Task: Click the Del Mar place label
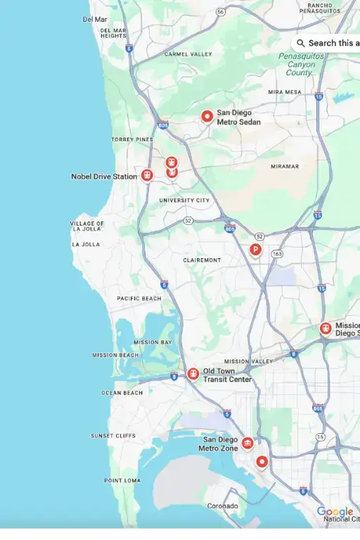pyautogui.click(x=95, y=20)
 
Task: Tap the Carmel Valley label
pyautogui.click(x=188, y=54)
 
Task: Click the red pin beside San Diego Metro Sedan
pyautogui.click(x=207, y=116)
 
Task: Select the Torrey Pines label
pyautogui.click(x=131, y=140)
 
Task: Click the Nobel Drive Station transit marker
pyautogui.click(x=146, y=175)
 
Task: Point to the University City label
pyautogui.click(x=184, y=200)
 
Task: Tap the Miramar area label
pyautogui.click(x=285, y=167)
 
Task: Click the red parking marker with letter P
pyautogui.click(x=256, y=249)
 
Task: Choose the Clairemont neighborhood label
pyautogui.click(x=202, y=260)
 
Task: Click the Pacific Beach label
pyautogui.click(x=139, y=299)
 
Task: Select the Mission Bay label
pyautogui.click(x=153, y=342)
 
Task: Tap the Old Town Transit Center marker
pyautogui.click(x=192, y=374)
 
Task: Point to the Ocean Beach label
pyautogui.click(x=122, y=393)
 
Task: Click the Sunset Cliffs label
pyautogui.click(x=113, y=436)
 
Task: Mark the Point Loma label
pyautogui.click(x=123, y=481)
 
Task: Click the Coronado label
pyautogui.click(x=222, y=506)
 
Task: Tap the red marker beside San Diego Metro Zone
pyautogui.click(x=247, y=443)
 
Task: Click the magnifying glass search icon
pyautogui.click(x=301, y=43)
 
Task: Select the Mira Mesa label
pyautogui.click(x=284, y=92)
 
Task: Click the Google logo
pyautogui.click(x=335, y=512)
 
